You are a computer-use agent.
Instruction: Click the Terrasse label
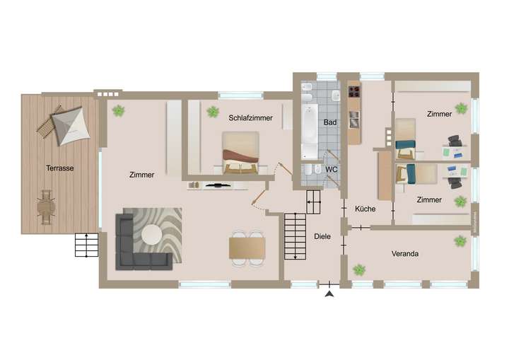(60, 168)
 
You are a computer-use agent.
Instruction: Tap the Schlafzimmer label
(246, 118)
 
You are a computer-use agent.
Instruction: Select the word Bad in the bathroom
(329, 122)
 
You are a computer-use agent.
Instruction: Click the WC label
(331, 170)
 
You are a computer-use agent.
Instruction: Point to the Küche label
(365, 209)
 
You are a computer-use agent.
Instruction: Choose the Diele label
(322, 236)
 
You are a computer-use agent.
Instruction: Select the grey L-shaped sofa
(138, 248)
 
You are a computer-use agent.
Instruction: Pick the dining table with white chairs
(247, 248)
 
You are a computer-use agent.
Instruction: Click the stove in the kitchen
(354, 91)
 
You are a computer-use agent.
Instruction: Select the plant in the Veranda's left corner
(359, 269)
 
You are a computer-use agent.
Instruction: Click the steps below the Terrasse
(86, 245)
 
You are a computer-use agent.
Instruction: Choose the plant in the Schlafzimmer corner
(212, 111)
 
